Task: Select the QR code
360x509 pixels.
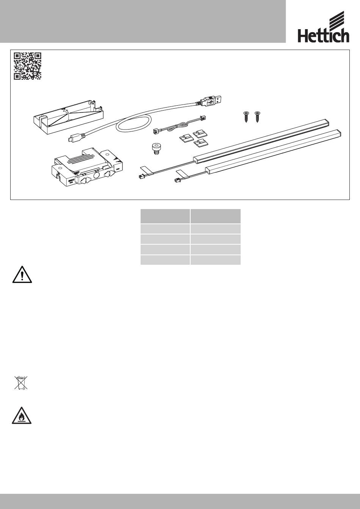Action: coord(28,66)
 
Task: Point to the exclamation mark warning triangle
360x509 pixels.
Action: coord(22,274)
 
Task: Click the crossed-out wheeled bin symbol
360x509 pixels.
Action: coord(21,383)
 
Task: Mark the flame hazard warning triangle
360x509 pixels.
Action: coord(22,415)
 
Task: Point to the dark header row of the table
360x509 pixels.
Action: coord(191,216)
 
